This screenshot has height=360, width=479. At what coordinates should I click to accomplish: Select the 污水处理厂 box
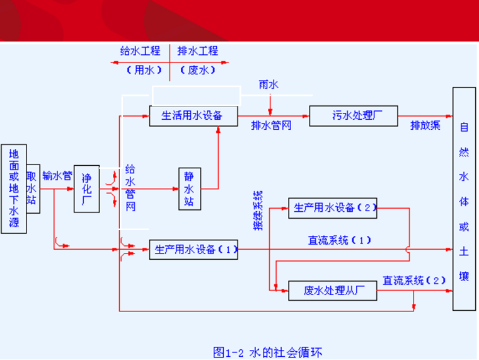pos(354,116)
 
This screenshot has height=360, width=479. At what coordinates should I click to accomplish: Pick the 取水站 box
pos(33,188)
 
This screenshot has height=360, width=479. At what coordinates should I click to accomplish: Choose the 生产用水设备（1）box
pos(193,250)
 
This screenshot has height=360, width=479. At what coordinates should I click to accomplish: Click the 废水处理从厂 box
pos(332,291)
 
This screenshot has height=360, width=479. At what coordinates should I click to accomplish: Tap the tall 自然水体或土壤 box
pos(464,199)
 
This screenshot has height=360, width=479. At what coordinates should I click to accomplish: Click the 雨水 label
pos(268,84)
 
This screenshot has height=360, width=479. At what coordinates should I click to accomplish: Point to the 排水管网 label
pos(271,125)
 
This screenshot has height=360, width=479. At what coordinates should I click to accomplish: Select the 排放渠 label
pos(425,125)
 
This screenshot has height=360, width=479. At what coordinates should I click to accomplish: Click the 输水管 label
pos(57,175)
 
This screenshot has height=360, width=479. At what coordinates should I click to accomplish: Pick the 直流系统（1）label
pos(340,240)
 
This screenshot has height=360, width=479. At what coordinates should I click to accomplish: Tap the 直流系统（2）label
pos(413,280)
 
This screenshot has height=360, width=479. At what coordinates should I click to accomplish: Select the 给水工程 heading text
pos(141,51)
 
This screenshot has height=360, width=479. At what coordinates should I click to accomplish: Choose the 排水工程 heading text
pos(198,51)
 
